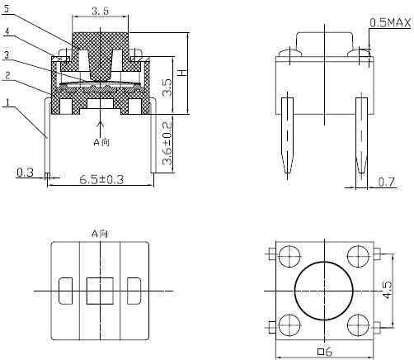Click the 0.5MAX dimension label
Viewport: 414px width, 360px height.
click(x=390, y=23)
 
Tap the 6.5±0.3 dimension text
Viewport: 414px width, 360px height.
click(x=101, y=180)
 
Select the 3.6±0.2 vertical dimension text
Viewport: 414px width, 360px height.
click(x=167, y=144)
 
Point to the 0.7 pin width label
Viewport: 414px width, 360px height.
click(x=386, y=182)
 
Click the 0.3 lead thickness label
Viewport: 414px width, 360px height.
click(x=25, y=173)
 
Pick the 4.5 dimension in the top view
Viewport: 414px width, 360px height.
click(x=388, y=290)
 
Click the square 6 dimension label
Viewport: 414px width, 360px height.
click(x=325, y=352)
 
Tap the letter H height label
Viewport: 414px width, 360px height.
click(x=182, y=73)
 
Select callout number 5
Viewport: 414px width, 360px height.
click(x=7, y=9)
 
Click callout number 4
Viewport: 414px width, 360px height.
click(x=7, y=31)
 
